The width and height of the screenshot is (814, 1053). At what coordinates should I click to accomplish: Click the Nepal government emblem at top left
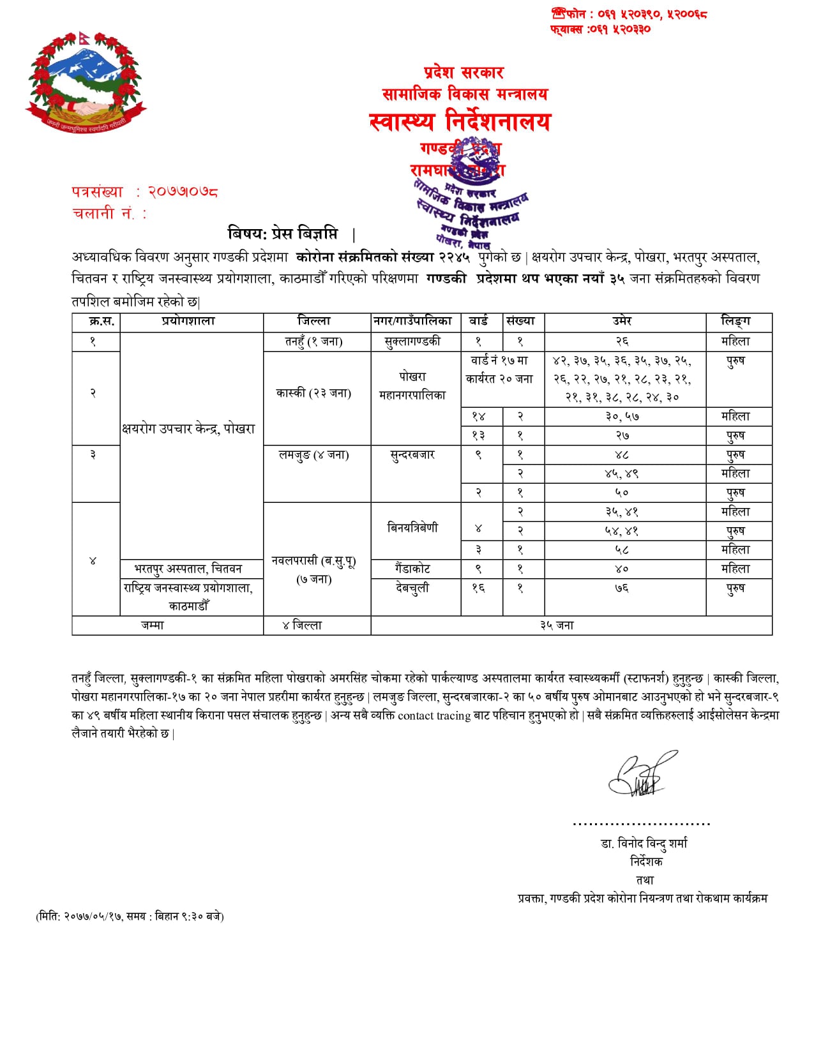(86, 82)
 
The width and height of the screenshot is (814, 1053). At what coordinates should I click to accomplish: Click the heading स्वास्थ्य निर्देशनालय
(459, 121)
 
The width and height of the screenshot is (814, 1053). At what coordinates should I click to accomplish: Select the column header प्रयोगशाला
(188, 322)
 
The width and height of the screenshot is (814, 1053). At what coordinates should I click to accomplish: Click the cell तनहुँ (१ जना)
(313, 341)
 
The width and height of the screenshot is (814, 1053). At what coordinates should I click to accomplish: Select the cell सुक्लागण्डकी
(412, 341)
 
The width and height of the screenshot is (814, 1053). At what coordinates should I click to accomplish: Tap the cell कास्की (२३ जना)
(313, 393)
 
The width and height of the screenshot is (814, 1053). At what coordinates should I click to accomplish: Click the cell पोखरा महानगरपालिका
(412, 386)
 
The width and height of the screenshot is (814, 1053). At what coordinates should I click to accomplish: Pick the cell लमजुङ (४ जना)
(313, 455)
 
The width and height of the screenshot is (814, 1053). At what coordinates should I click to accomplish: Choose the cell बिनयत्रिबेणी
(412, 528)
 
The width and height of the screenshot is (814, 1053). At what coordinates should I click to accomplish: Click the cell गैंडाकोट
(412, 569)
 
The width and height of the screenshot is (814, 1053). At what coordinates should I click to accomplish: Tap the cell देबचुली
(412, 588)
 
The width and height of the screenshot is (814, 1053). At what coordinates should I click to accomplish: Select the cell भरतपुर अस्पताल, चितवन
(188, 569)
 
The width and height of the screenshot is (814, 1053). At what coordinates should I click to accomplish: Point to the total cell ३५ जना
(557, 625)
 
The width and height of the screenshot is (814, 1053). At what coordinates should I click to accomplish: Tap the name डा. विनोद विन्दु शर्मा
(644, 844)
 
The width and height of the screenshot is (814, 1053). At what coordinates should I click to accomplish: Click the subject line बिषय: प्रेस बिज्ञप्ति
(283, 234)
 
